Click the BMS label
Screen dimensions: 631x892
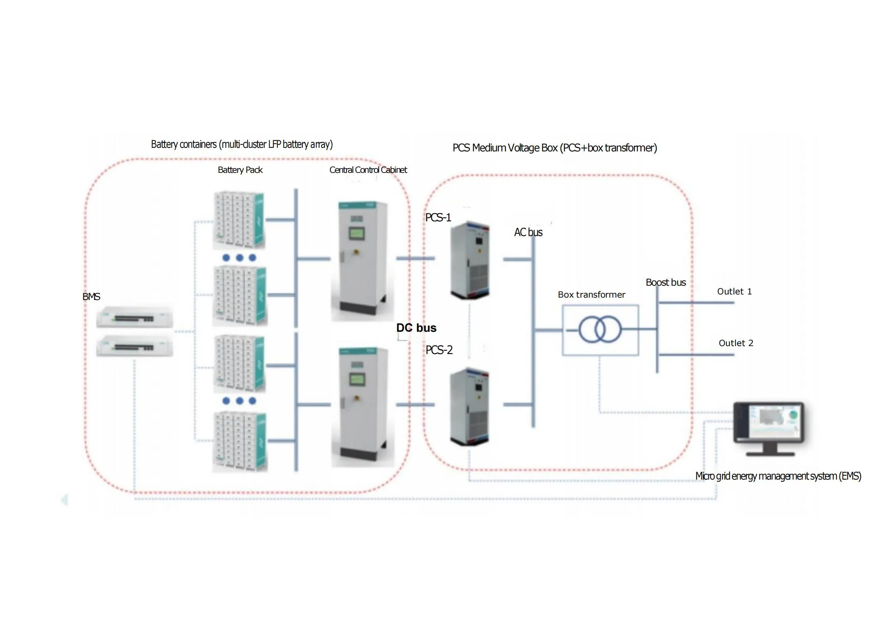click(x=91, y=296)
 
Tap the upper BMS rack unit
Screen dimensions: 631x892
click(x=134, y=317)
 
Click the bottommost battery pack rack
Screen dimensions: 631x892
click(x=240, y=442)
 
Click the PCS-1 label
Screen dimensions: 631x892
click(x=438, y=217)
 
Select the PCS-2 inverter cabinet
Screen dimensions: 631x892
click(x=470, y=406)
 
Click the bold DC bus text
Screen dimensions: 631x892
click(x=416, y=328)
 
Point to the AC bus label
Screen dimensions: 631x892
click(x=528, y=232)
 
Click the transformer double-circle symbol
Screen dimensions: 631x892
click(x=600, y=329)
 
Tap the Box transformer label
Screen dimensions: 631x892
click(x=591, y=295)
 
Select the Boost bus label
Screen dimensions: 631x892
click(x=666, y=283)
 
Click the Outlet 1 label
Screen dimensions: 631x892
click(x=734, y=292)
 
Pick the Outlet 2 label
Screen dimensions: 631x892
click(x=736, y=343)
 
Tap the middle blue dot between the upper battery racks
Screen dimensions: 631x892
click(x=239, y=257)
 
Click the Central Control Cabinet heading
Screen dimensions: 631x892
click(x=368, y=170)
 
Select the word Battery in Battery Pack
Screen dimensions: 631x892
click(x=230, y=170)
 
